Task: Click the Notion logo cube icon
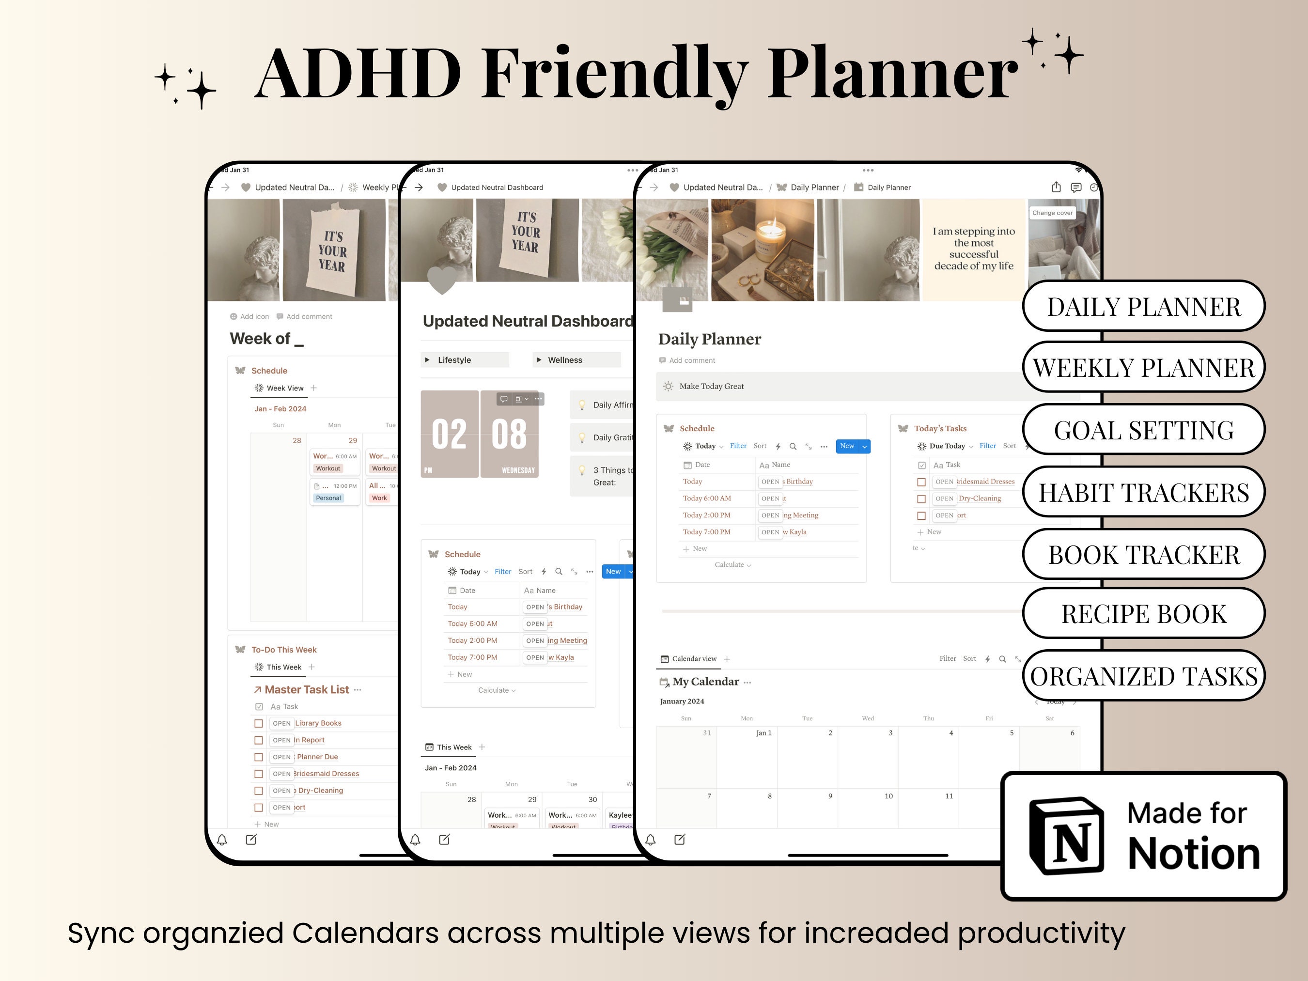pyautogui.click(x=1066, y=836)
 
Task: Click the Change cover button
pyautogui.click(x=1052, y=213)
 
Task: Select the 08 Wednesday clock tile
pyautogui.click(x=509, y=434)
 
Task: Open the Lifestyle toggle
pyautogui.click(x=453, y=360)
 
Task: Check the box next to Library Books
pyautogui.click(x=258, y=723)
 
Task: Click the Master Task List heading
pyautogui.click(x=306, y=689)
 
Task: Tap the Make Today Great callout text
pyautogui.click(x=711, y=386)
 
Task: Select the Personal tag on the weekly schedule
pyautogui.click(x=328, y=498)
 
